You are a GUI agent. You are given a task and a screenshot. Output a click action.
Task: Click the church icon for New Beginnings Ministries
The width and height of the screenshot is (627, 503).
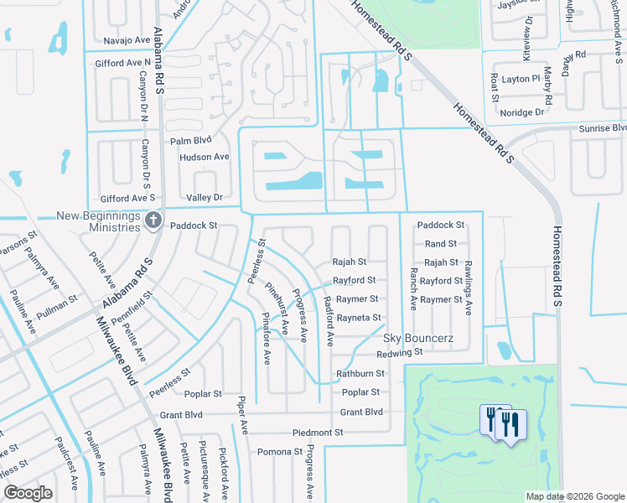pyautogui.click(x=153, y=220)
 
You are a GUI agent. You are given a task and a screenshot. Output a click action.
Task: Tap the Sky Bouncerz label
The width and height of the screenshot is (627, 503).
pyautogui.click(x=418, y=338)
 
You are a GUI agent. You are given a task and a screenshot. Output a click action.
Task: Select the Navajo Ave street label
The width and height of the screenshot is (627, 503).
pyautogui.click(x=126, y=40)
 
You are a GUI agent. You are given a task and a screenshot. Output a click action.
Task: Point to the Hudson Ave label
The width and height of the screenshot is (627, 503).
pyautogui.click(x=204, y=157)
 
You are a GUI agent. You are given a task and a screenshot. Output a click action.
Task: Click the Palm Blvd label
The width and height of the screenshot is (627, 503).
pyautogui.click(x=190, y=141)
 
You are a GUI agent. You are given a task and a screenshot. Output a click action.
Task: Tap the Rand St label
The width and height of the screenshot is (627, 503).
pyautogui.click(x=440, y=244)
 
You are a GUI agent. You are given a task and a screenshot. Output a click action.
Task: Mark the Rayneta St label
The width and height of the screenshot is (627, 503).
pyautogui.click(x=358, y=318)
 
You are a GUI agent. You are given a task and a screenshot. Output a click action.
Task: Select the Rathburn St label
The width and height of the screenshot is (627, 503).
pyautogui.click(x=360, y=374)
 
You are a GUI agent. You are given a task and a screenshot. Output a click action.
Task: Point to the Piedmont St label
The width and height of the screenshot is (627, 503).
pyautogui.click(x=318, y=433)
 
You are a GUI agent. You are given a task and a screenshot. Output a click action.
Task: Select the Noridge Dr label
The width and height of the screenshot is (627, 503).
pyautogui.click(x=521, y=112)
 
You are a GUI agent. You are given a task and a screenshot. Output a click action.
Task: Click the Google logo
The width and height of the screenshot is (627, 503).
pyautogui.click(x=28, y=493)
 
